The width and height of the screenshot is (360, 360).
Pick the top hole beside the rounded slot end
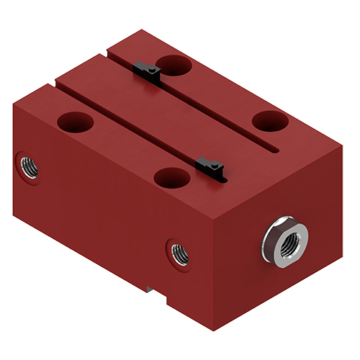(270, 121)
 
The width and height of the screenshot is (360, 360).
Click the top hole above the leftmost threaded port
(75, 122)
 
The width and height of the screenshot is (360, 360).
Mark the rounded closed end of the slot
(276, 150)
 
